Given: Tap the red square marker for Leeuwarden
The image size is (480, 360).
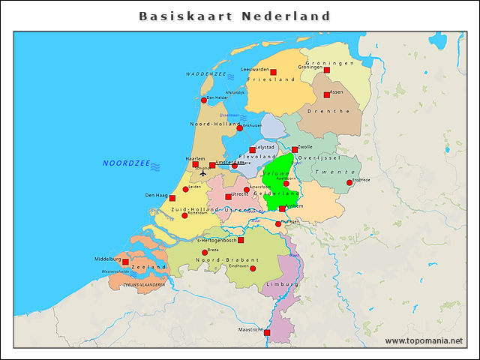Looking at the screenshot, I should click(x=273, y=73).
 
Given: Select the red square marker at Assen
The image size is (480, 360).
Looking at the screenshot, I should click(x=327, y=94).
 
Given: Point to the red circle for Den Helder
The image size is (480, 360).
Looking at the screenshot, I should click(x=203, y=100).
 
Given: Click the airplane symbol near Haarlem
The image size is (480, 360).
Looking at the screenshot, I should click(x=202, y=172).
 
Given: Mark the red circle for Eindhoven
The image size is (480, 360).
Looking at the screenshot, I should click(x=253, y=268).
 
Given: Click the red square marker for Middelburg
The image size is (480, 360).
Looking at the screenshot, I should click(x=125, y=262).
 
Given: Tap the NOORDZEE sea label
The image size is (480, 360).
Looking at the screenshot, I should click(x=126, y=163).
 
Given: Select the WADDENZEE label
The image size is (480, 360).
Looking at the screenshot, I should click(x=205, y=75).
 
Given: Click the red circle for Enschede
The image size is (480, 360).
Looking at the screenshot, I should click(x=349, y=182).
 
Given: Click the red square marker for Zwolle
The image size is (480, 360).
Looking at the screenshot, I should click(x=295, y=150).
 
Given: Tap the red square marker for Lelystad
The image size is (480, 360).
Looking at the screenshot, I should click(x=252, y=150).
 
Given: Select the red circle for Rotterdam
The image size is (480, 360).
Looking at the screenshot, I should click(x=184, y=216).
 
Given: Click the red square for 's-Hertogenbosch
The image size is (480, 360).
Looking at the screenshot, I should click(x=241, y=240).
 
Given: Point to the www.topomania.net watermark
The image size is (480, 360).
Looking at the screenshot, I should click(x=424, y=341).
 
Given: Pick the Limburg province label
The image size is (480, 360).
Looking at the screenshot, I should click(x=282, y=285).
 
